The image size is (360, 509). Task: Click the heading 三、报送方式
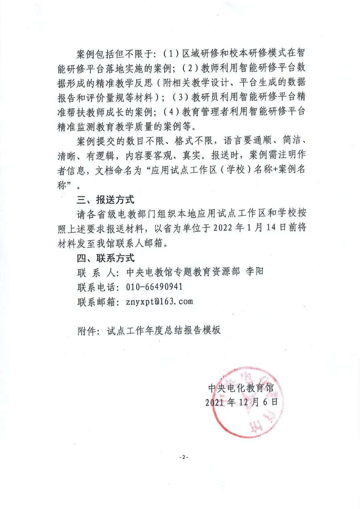coord(105,199)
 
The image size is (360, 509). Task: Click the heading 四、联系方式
coord(105,258)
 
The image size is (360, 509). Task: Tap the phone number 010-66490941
coord(154,287)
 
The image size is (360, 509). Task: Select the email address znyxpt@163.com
coord(160,302)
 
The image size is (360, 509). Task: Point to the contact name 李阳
coord(255,272)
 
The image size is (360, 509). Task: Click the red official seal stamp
coord(247,402)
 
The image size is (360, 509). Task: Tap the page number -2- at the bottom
coord(183,457)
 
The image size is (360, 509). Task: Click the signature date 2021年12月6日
coord(242,402)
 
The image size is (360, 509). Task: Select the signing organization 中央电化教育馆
coord(241,388)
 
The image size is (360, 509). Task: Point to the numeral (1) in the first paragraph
coord(171,53)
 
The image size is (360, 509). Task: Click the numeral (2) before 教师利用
coord(190,68)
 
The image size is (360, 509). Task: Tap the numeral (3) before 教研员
coord(181,97)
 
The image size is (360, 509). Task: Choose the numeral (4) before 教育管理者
coord(171,112)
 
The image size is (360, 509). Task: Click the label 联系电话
coord(96,287)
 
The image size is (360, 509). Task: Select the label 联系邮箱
coord(96,302)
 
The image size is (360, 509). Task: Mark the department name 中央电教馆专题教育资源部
coord(183,272)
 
